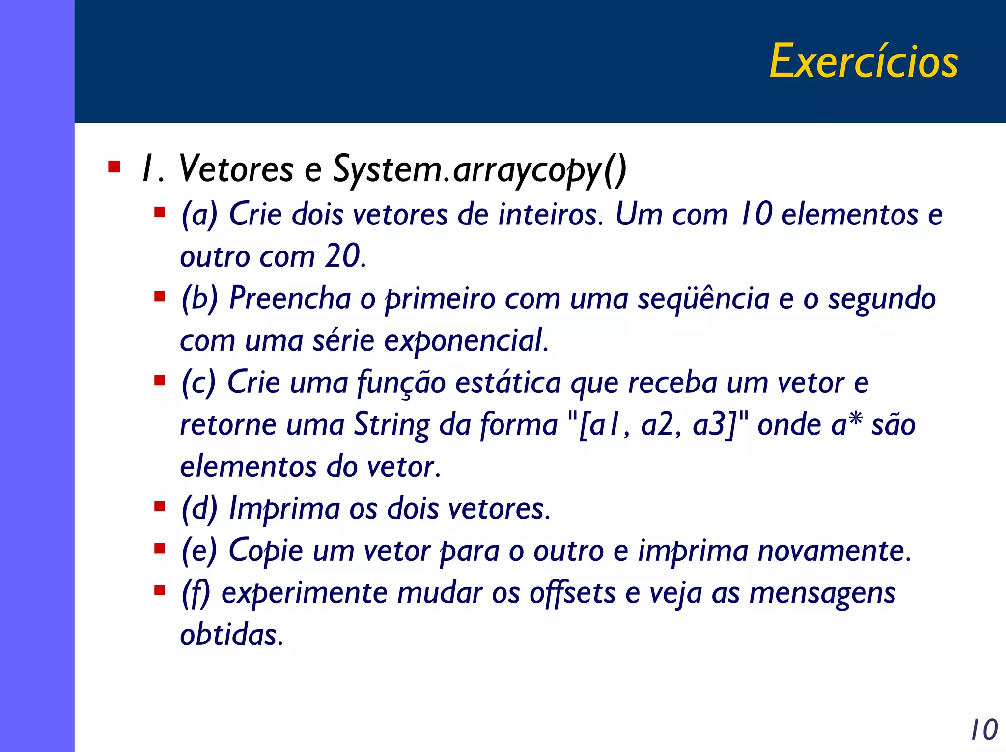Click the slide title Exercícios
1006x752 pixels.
pyautogui.click(x=863, y=61)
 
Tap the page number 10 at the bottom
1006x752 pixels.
pyautogui.click(x=984, y=729)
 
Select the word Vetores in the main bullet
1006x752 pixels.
pyautogui.click(x=236, y=169)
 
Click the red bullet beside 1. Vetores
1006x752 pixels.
pyautogui.click(x=114, y=167)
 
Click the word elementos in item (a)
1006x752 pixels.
pyautogui.click(x=849, y=215)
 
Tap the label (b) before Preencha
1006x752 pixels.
pyautogui.click(x=199, y=298)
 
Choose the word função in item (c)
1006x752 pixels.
pyautogui.click(x=401, y=383)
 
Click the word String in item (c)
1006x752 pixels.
pyautogui.click(x=391, y=424)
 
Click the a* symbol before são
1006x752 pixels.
pyautogui.click(x=846, y=424)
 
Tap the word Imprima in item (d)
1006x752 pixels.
pyautogui.click(x=284, y=509)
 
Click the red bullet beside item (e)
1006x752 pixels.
pyautogui.click(x=159, y=548)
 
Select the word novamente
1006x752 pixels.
pyautogui.click(x=834, y=551)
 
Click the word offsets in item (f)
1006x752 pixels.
pyautogui.click(x=572, y=593)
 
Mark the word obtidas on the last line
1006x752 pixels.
pyautogui.click(x=231, y=635)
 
